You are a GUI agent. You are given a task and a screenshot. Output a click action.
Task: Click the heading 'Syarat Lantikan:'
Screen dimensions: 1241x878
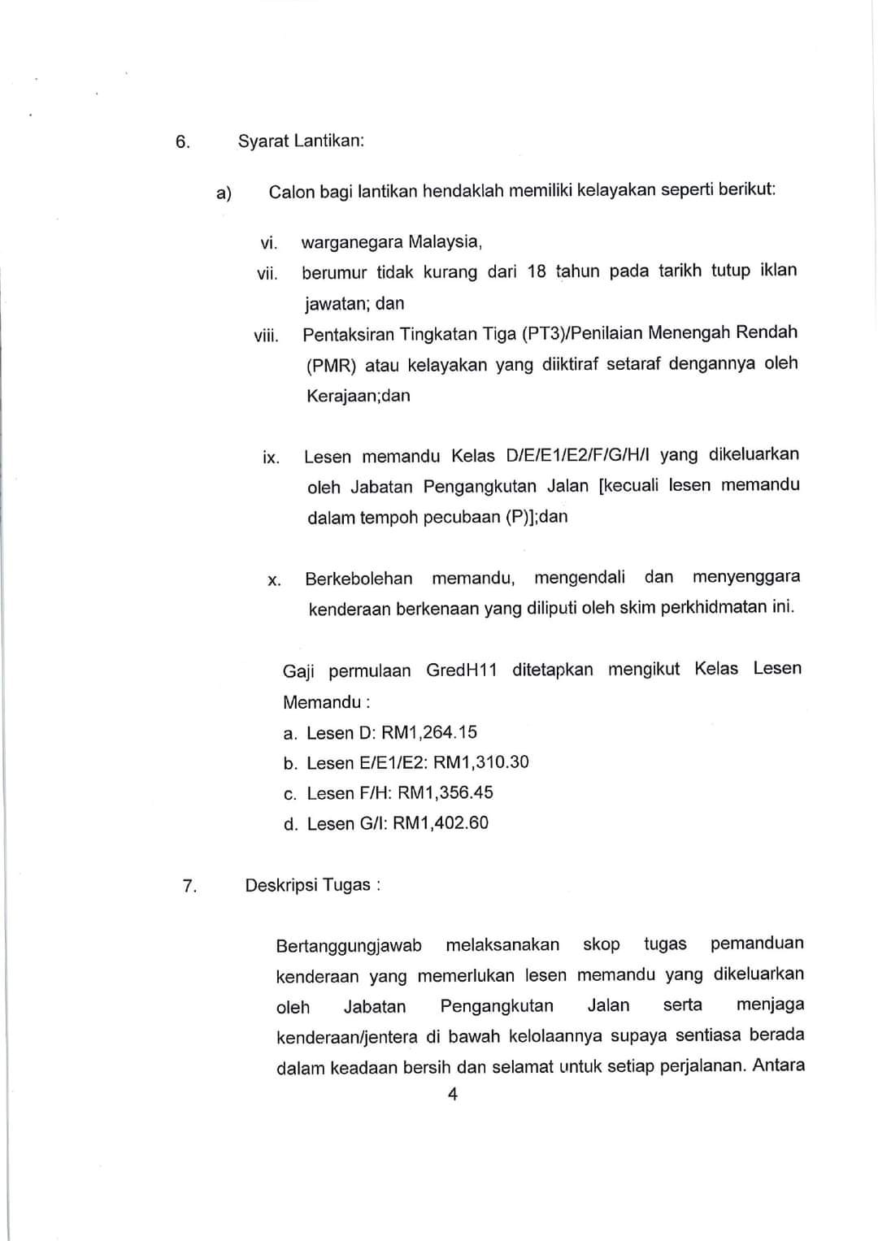(301, 141)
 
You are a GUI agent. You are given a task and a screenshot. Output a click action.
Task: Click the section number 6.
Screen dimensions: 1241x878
(182, 143)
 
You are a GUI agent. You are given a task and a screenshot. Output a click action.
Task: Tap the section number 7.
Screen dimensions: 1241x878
(189, 886)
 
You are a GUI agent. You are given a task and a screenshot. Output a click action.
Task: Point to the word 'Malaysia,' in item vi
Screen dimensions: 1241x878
(446, 242)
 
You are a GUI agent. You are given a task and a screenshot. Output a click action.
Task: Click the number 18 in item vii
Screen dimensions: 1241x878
(537, 271)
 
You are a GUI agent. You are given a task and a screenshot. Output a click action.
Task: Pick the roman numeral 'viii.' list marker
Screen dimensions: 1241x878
(266, 336)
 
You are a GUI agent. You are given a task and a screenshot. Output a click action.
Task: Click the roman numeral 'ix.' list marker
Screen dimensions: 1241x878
(271, 458)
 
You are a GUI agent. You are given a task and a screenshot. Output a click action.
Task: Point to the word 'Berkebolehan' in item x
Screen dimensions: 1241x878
(359, 579)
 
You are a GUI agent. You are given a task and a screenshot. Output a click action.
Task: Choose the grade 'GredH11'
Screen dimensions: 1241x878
(461, 670)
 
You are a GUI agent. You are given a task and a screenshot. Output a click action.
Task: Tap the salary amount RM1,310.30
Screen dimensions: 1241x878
(480, 762)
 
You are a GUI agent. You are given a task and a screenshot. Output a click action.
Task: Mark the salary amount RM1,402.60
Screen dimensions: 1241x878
(441, 822)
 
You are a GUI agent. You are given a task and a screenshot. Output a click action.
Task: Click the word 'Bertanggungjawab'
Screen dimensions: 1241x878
(349, 946)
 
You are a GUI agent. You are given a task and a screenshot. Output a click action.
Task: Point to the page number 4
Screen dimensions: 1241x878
(453, 1095)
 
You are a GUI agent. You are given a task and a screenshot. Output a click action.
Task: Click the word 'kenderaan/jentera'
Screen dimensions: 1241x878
(347, 1038)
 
